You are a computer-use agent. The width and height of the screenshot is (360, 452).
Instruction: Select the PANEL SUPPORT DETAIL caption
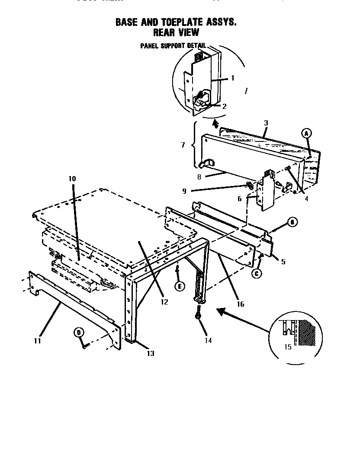173,46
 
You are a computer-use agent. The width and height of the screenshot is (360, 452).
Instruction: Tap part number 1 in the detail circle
232,78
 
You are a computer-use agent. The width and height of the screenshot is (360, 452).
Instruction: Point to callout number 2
224,106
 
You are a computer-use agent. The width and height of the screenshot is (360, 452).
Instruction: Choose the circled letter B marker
292,222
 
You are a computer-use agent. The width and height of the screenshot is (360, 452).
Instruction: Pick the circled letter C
257,273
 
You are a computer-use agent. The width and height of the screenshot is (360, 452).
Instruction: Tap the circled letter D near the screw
78,332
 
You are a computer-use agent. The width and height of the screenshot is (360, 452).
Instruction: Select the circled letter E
178,285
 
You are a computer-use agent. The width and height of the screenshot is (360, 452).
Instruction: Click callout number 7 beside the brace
183,145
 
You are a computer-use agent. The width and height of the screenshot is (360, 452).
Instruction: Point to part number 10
72,178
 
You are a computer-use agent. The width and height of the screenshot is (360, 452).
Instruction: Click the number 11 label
37,341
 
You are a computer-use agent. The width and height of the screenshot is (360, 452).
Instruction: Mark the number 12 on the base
164,302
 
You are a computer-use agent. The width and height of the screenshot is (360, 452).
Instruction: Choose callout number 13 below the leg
150,353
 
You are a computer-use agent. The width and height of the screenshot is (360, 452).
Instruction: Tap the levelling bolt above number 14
198,312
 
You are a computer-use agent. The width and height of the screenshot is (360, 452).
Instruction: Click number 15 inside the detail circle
288,347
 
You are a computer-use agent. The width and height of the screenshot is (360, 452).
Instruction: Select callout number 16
241,304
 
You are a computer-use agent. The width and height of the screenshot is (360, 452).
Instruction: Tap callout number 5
283,261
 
